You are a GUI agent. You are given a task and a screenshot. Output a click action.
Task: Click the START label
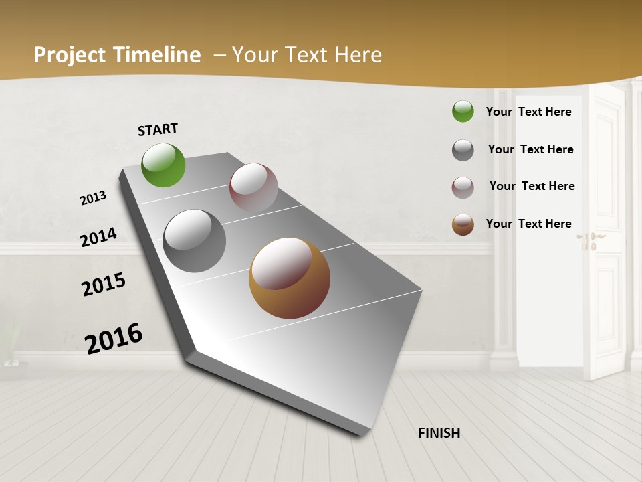(158, 129)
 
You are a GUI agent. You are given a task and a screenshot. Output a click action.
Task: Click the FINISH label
(439, 433)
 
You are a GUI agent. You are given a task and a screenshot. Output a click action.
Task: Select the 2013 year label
(94, 198)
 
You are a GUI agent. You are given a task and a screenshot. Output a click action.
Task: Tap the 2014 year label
(98, 237)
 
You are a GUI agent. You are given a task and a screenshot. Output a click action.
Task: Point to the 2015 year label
(104, 285)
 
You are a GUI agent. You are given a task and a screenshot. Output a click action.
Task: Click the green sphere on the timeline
(164, 165)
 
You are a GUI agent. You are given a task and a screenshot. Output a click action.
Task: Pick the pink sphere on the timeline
(253, 187)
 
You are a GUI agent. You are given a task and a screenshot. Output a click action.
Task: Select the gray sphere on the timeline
(195, 241)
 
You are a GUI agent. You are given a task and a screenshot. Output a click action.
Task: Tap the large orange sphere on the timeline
(290, 278)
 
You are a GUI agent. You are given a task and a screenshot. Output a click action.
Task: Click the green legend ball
(463, 111)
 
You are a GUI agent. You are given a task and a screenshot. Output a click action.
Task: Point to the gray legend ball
(463, 150)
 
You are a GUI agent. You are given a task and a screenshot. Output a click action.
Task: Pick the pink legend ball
(463, 187)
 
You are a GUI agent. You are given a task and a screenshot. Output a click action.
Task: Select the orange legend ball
(463, 224)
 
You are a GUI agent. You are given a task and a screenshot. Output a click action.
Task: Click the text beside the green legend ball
(528, 112)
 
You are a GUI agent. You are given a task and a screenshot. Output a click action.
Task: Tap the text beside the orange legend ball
(528, 224)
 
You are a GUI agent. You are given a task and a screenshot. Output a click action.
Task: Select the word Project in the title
(69, 55)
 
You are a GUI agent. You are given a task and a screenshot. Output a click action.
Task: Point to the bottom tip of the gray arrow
(361, 433)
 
